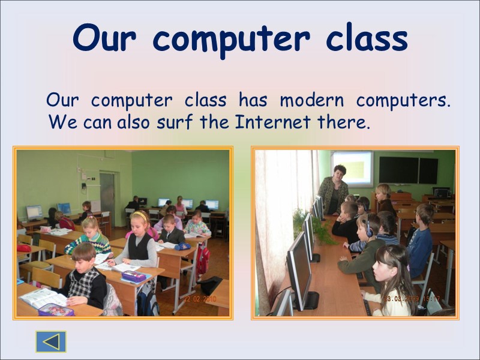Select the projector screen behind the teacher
352,169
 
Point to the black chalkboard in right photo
408,170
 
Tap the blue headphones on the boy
367,229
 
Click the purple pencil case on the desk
134,276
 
